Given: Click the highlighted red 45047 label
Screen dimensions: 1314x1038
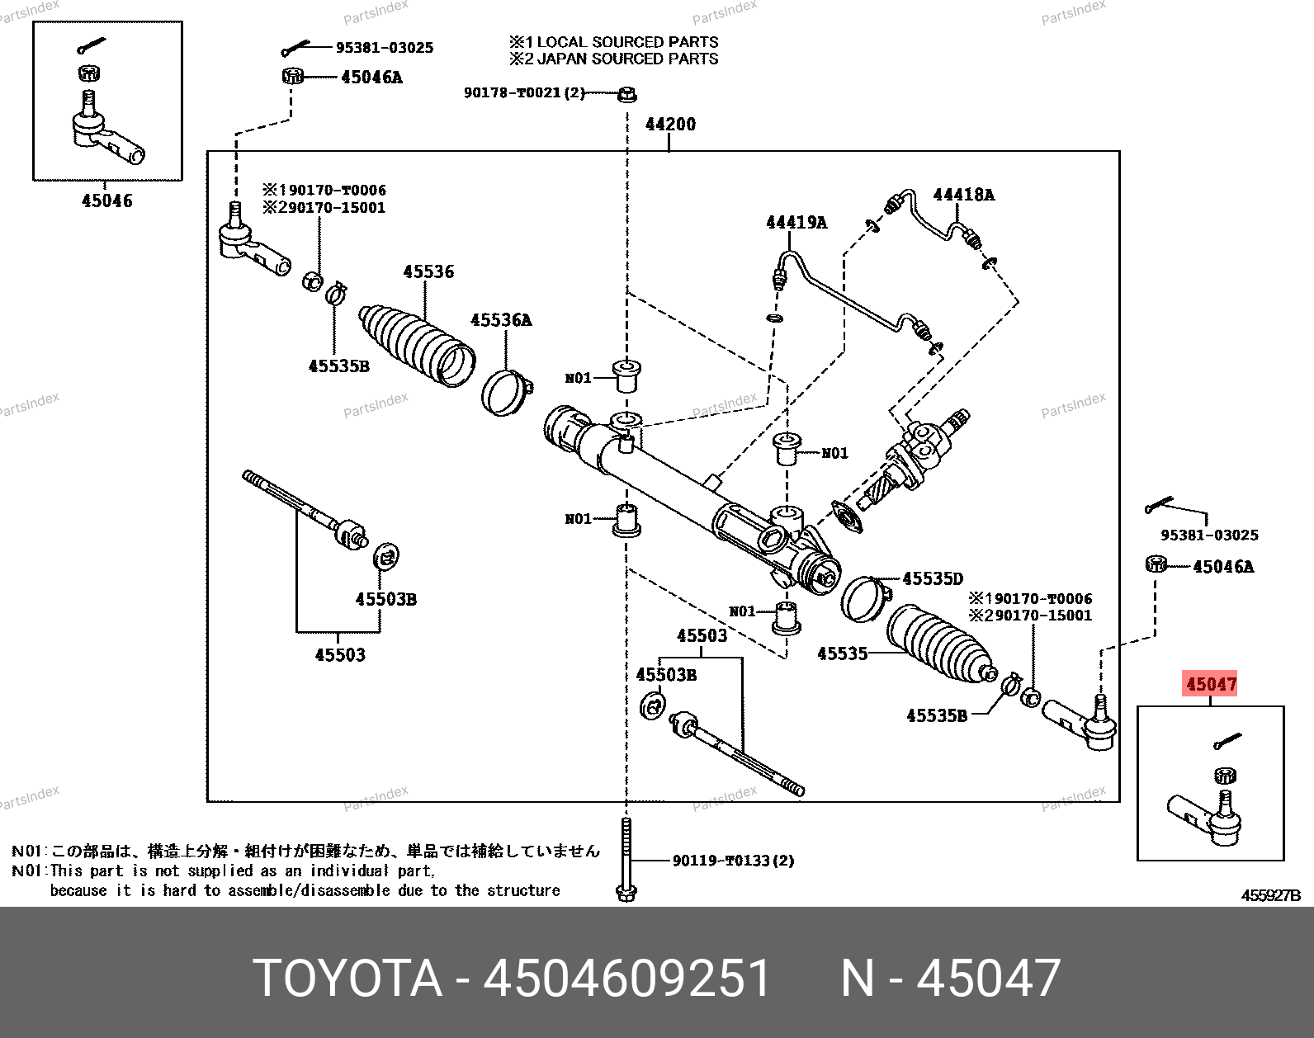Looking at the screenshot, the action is tap(1210, 684).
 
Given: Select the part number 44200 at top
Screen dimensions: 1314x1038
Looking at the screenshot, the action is tap(670, 125).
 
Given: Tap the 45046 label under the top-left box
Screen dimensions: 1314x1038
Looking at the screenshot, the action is tap(106, 201).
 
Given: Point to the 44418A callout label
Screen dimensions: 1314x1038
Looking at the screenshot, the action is tap(963, 195).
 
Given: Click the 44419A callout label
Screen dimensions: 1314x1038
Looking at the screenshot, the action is tap(796, 222).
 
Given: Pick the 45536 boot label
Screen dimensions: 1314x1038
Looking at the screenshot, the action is tap(428, 271).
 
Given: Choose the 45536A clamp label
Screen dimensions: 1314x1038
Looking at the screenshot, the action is tap(501, 320).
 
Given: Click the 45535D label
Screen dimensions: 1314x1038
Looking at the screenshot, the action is tap(933, 578).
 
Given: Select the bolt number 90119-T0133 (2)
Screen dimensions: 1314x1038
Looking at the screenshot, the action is tap(733, 861).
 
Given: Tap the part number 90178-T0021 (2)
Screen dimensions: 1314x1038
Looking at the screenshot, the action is tap(524, 92).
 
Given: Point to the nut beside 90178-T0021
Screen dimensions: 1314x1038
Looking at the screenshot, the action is tap(627, 95).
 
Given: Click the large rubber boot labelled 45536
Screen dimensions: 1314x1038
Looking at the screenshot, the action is tap(417, 345).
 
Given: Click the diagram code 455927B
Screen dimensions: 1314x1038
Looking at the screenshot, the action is tap(1270, 896).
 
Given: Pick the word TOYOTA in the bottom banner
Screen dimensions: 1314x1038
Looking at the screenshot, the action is tap(347, 978).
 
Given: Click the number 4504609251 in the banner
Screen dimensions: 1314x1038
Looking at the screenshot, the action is tap(627, 978).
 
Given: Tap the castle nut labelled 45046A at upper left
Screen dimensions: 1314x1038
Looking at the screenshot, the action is tap(292, 76).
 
